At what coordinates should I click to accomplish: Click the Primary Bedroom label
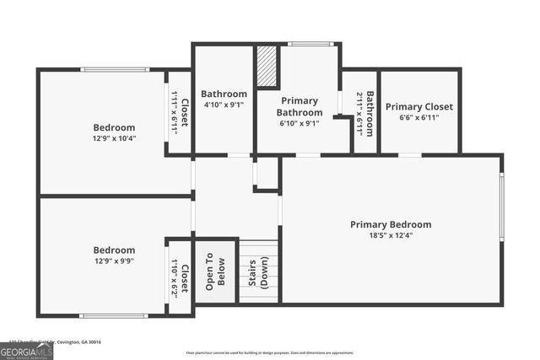point(391,224)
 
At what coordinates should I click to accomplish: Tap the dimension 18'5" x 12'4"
point(391,236)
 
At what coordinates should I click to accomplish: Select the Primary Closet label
point(419,107)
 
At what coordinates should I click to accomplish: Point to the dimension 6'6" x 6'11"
point(419,118)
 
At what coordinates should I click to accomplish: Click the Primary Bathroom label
point(300,106)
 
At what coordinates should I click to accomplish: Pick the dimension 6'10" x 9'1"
point(300,124)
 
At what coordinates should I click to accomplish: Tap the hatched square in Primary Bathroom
point(267,67)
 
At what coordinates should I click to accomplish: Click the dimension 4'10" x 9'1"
point(224,105)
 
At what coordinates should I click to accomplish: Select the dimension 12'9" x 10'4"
point(114,138)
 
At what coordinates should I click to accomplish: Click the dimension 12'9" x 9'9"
point(114,261)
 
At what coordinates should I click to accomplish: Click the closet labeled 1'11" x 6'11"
point(180,114)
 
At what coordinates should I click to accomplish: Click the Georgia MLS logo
point(26,351)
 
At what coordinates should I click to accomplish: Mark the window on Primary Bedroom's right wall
point(501,207)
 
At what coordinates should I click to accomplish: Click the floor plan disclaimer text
point(269,352)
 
